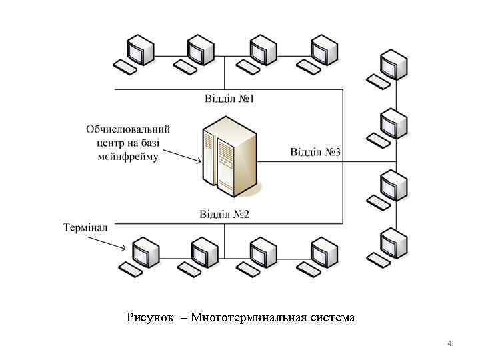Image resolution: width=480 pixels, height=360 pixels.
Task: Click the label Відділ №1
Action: (229, 99)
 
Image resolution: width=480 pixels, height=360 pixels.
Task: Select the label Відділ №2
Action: (224, 214)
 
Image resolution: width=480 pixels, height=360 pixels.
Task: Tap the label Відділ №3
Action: (315, 152)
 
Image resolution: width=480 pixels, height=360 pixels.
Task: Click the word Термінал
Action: (85, 228)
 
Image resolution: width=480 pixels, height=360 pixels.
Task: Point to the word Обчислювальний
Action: (128, 128)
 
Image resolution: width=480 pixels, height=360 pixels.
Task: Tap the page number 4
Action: (449, 343)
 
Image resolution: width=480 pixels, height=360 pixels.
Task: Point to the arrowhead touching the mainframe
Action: (198, 160)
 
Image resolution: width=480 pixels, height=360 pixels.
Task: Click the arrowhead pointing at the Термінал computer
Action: (124, 249)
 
